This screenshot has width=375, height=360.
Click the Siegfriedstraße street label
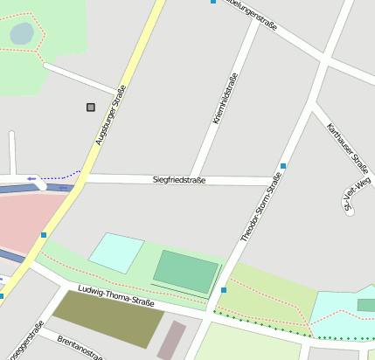(x=178, y=180)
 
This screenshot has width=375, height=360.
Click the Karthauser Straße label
(x=347, y=146)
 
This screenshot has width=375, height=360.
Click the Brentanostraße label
(x=80, y=346)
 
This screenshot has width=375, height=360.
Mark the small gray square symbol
(x=90, y=107)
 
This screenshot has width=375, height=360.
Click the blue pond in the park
(x=21, y=34)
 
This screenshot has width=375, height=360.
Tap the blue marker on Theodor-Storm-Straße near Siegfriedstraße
(x=283, y=165)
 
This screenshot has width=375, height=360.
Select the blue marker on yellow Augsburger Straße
(x=44, y=234)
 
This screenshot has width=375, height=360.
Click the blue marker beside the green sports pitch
(x=224, y=289)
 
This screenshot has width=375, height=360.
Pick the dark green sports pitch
(x=185, y=272)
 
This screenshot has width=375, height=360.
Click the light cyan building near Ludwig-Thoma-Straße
(x=116, y=252)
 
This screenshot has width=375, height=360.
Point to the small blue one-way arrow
(x=31, y=178)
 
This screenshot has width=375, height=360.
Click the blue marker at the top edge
(x=213, y=2)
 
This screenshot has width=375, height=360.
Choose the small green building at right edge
(x=366, y=305)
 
